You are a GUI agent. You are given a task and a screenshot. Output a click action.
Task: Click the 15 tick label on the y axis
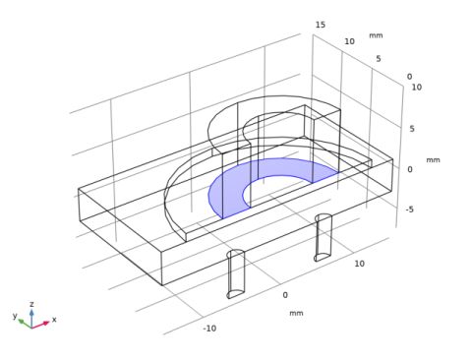coord(321,25)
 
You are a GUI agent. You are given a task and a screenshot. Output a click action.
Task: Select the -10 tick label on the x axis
coord(209,329)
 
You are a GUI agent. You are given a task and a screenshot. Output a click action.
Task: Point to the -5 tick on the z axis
coord(410,210)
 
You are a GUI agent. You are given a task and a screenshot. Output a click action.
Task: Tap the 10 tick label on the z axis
coord(417,88)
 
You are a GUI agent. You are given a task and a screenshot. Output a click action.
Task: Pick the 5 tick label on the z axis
coord(412,129)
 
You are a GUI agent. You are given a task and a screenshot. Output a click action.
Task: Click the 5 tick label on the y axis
coord(379,59)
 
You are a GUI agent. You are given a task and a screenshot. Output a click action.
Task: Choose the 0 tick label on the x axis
coord(285,295)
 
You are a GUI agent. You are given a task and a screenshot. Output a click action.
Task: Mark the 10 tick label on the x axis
coord(359,264)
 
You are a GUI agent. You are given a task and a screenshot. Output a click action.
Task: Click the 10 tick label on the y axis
coord(349,41)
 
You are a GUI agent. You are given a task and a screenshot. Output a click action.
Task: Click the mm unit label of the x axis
coord(296,313)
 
